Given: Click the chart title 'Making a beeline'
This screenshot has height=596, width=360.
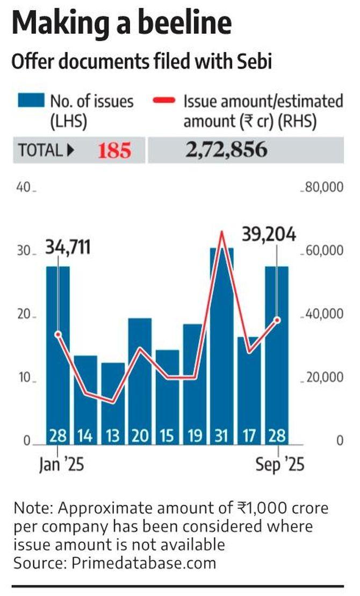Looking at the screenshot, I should coord(122,24).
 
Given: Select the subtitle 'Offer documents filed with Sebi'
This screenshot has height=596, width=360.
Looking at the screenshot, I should coord(141,62).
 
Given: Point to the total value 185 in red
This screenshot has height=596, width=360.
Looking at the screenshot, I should coord(114,151).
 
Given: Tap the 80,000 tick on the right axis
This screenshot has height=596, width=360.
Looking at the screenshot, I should coord(323,188).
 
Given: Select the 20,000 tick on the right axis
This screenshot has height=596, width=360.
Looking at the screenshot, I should coord(323,378).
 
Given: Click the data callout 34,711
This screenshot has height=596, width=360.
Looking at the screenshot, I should coord(67,248).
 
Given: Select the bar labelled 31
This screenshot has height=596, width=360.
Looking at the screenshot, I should coord(221,344).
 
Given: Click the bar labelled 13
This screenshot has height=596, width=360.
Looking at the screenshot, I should coord(113,403).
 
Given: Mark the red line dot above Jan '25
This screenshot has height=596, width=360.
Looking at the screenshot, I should coord(58,334).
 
